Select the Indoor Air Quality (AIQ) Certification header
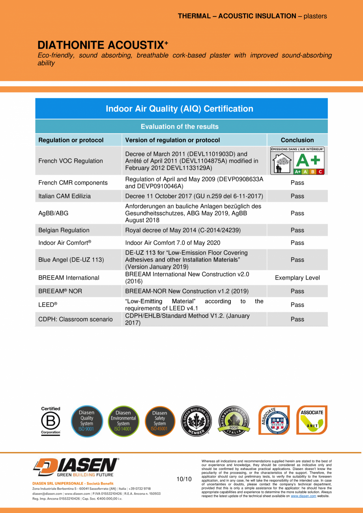point(180,108)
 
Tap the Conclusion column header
point(297,140)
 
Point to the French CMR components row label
point(73,183)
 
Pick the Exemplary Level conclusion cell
point(297,278)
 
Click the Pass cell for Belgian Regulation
point(297,230)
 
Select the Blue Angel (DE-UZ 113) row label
point(71,260)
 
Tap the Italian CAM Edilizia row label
point(64,196)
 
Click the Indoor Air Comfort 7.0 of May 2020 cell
point(172,243)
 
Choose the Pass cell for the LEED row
point(297,305)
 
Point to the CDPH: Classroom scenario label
point(75,319)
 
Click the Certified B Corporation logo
point(51,421)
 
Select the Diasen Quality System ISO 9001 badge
point(87,421)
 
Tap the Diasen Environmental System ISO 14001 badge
point(123,421)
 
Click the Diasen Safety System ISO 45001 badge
point(159,421)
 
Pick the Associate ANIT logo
point(312,420)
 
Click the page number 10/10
point(184,479)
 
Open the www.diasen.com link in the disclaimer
point(303,496)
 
